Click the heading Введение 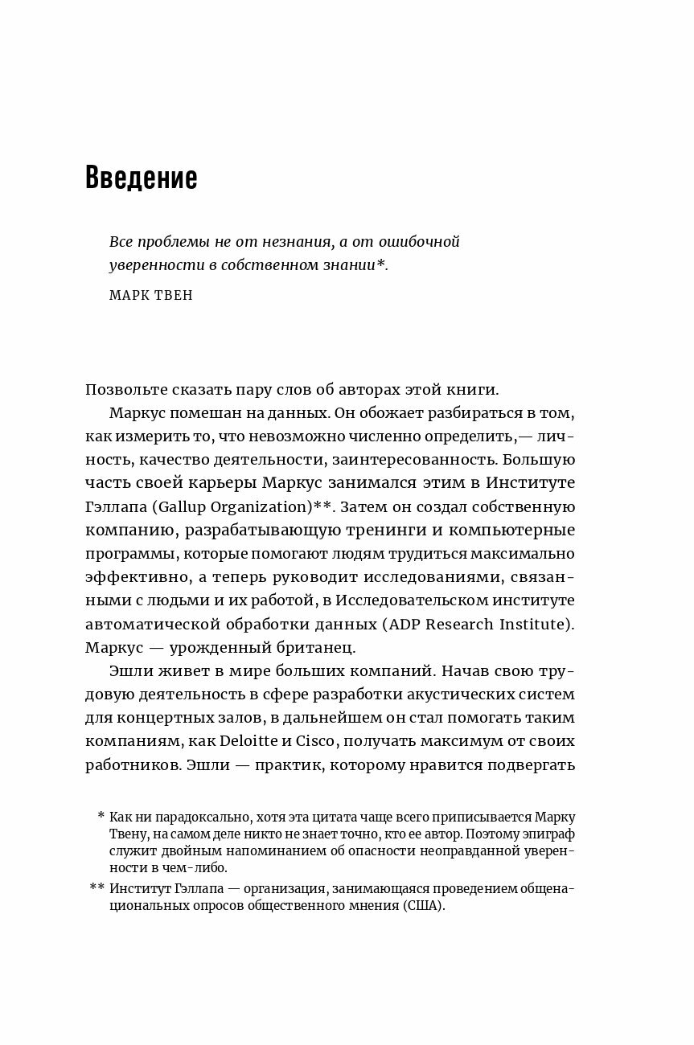coord(141,178)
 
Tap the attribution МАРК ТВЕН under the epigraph coord(150,295)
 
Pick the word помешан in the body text coord(200,413)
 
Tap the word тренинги coord(383,531)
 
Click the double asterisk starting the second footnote coord(97,887)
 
